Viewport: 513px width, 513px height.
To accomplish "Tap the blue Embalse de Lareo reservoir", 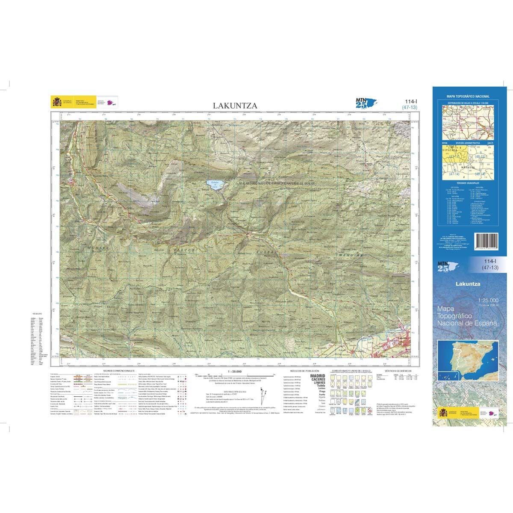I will tap(214, 185).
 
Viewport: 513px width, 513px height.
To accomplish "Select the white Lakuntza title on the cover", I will tap(468, 284).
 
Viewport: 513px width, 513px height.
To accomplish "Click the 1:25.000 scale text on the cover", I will tap(487, 301).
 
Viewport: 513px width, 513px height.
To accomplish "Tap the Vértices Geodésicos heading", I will tap(394, 371).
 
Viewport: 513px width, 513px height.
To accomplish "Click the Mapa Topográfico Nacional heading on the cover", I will tap(468, 97).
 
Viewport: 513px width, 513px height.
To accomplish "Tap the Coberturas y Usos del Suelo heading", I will tap(348, 371).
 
